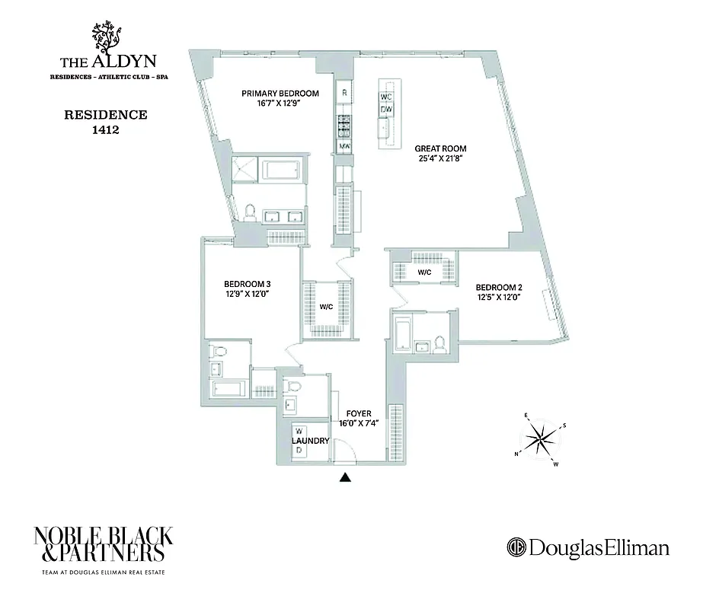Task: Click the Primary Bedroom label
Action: coord(280,94)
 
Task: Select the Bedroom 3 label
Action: coord(242,285)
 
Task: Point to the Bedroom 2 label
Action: coord(499,287)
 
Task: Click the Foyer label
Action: coord(358,413)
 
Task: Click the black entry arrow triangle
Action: coord(345,478)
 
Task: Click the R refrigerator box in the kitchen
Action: coord(344,93)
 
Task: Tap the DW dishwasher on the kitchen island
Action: coord(386,110)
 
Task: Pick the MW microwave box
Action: coord(344,145)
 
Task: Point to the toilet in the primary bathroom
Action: coord(250,212)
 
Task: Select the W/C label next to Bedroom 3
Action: coord(326,308)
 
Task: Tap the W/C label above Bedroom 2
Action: coord(423,272)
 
